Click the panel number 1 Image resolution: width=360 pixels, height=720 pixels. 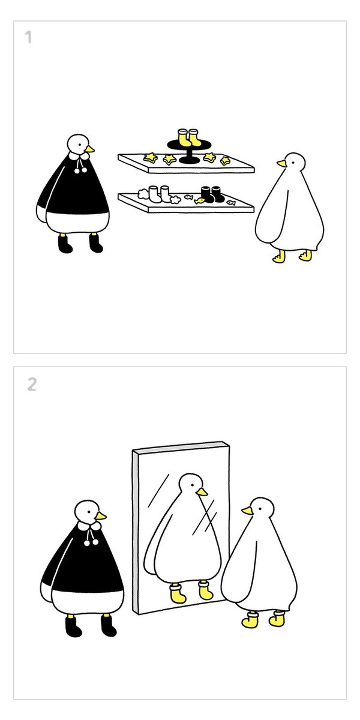coord(28,37)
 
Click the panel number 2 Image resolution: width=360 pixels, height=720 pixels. coord(32,384)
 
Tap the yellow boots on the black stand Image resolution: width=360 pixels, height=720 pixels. coord(189,137)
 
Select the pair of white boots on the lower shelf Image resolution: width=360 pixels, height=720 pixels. coord(160,194)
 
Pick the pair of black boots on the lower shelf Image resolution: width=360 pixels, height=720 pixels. coord(212,194)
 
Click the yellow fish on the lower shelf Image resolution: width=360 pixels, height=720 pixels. coord(199,201)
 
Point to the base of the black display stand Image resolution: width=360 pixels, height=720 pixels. coord(190,160)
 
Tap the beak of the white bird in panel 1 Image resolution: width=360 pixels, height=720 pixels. coord(281,164)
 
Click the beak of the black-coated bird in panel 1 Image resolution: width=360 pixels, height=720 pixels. coord(89,149)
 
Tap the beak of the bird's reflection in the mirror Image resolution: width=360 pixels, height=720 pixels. coord(202,491)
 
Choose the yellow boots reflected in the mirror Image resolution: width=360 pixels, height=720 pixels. coord(191,591)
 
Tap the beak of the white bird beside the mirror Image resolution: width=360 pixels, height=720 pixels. coord(247,511)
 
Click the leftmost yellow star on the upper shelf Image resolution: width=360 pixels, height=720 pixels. coord(150,157)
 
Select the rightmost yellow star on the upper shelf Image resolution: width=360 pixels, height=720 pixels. coord(226,160)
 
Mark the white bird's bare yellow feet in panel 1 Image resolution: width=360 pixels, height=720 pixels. coord(292,256)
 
